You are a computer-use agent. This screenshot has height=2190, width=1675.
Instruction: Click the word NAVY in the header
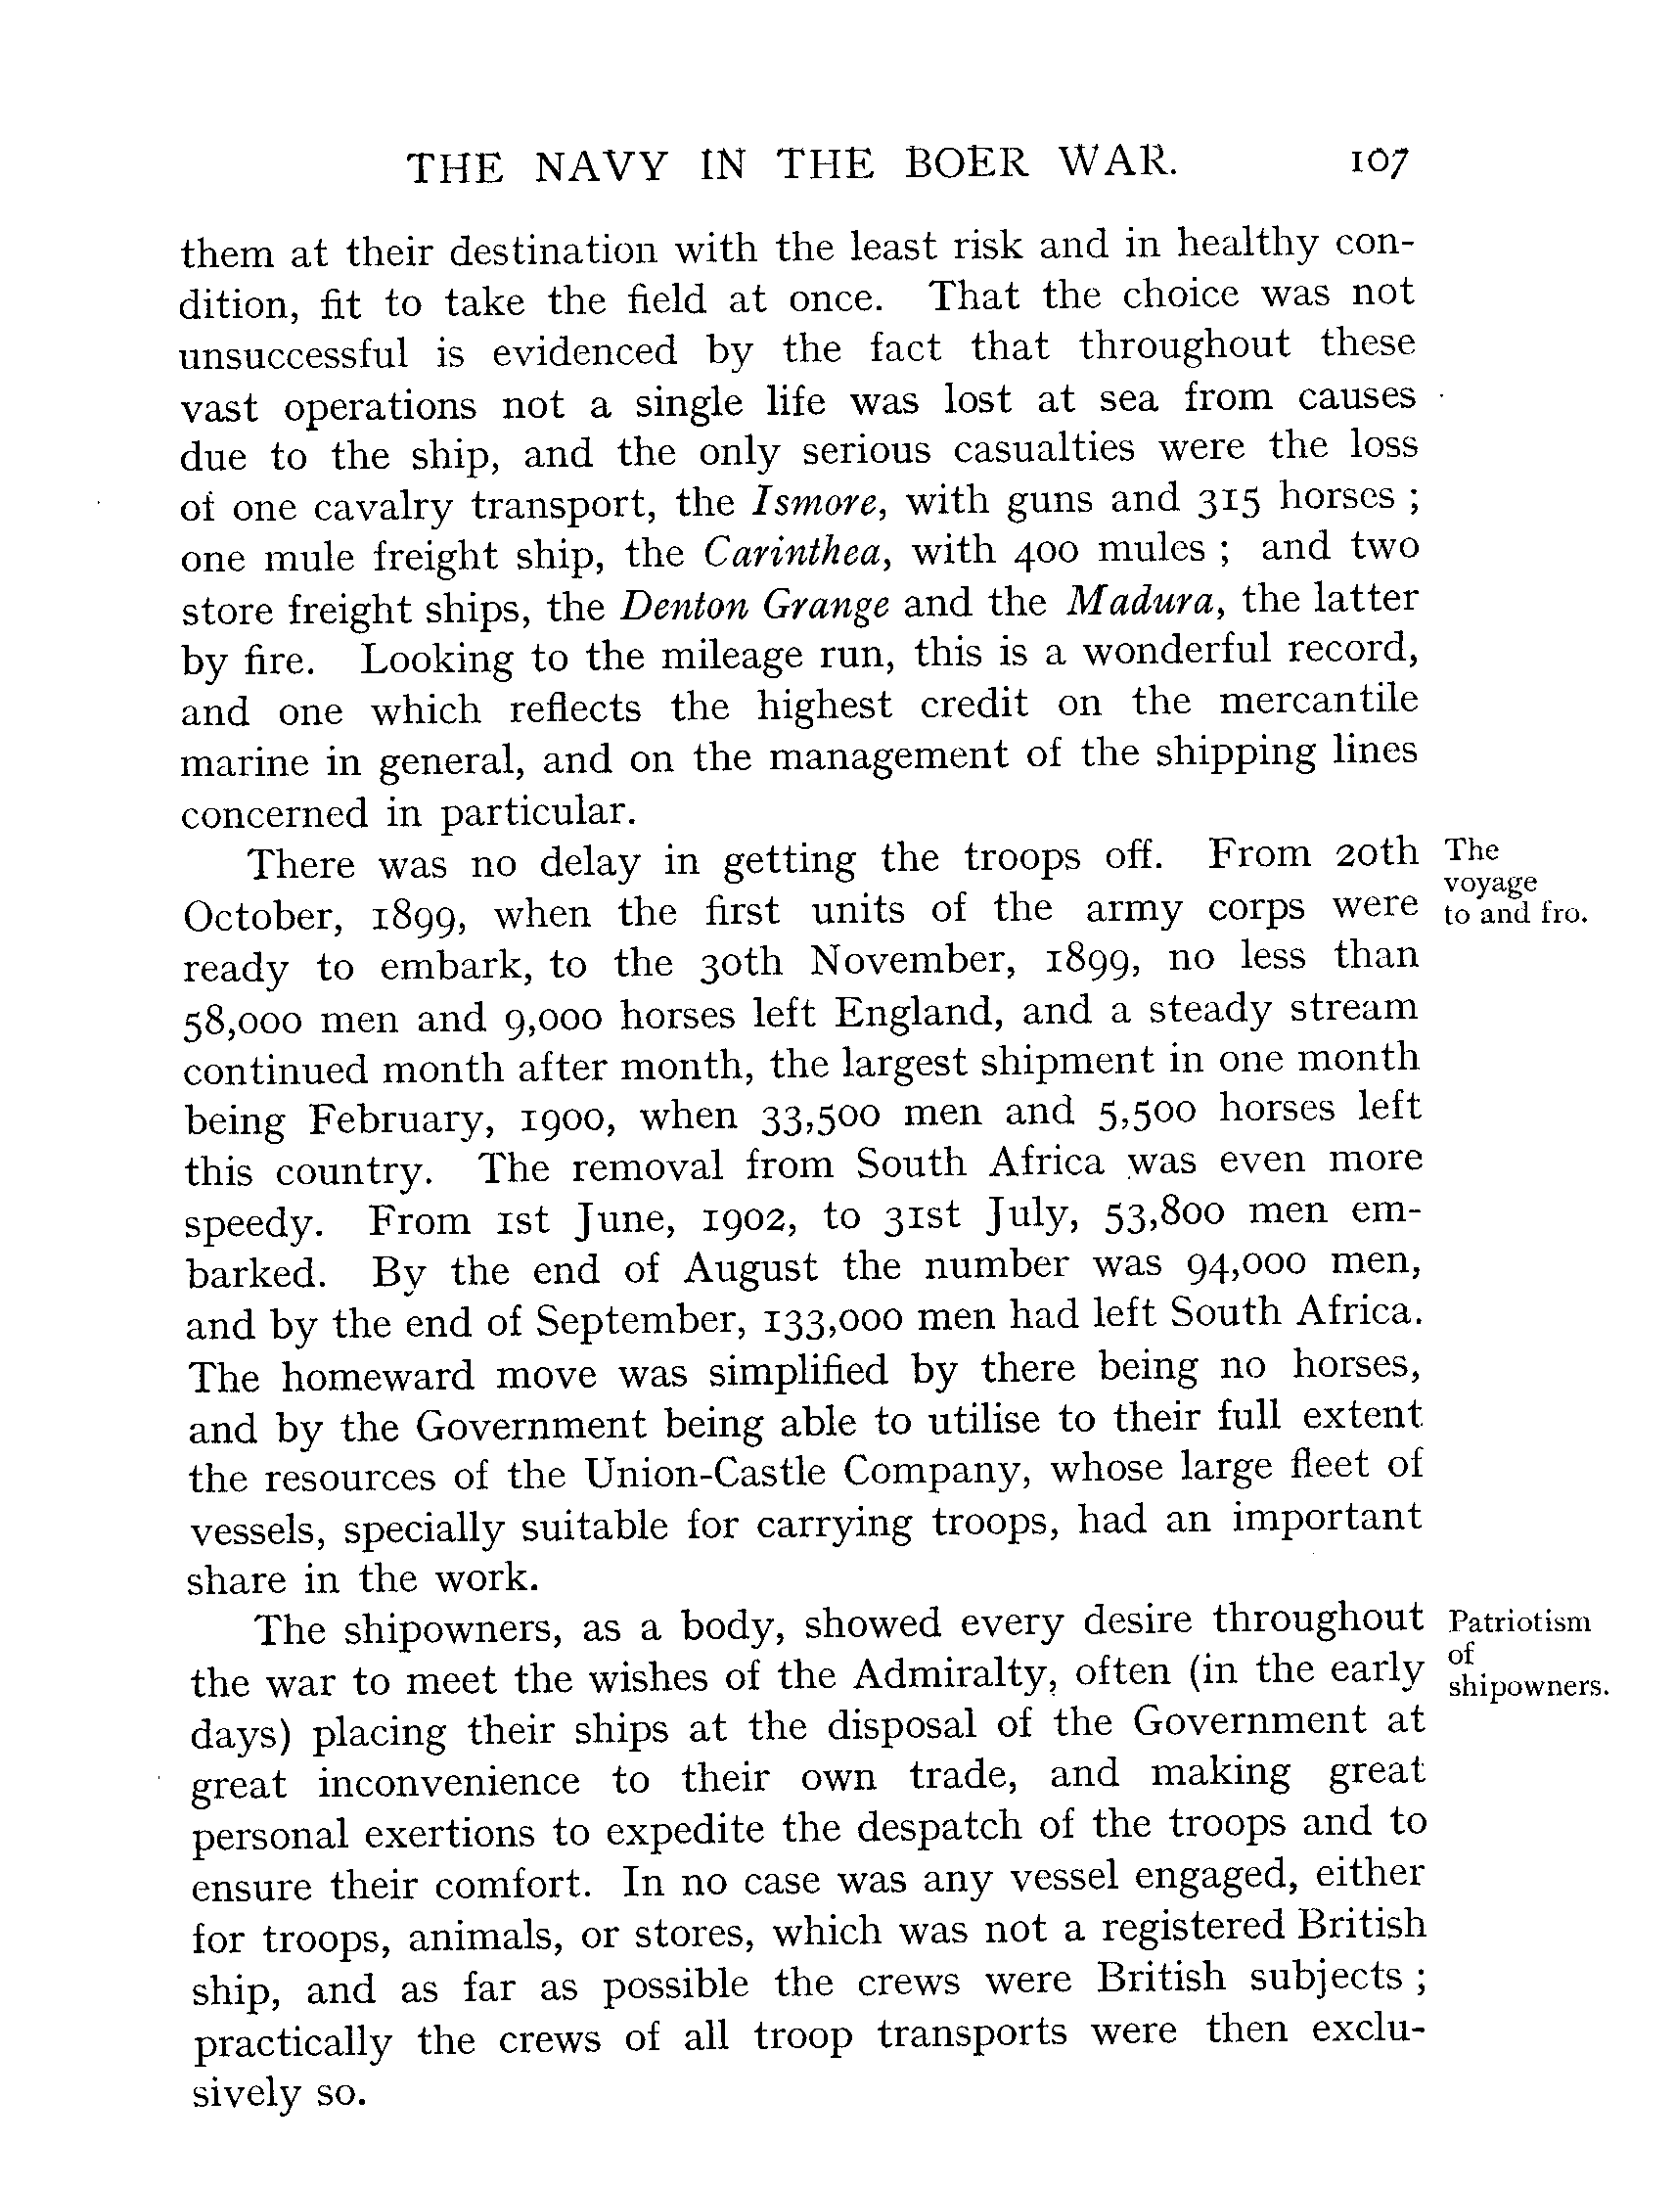pos(601,166)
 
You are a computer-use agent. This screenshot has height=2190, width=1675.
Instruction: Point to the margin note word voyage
pos(1489,884)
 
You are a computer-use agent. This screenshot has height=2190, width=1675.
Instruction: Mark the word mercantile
pos(1317,701)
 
